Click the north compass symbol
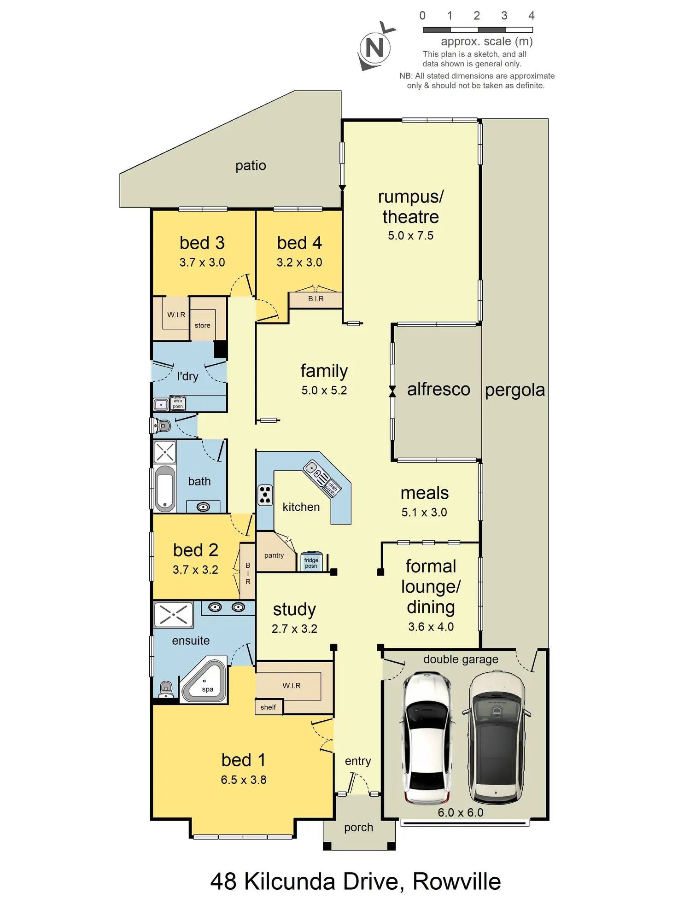tap(375, 47)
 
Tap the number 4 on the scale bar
tap(531, 16)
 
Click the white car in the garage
tap(427, 738)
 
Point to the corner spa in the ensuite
tap(204, 683)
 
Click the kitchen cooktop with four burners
tap(265, 495)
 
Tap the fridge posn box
tap(311, 562)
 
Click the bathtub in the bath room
tap(165, 490)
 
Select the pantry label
tap(274, 555)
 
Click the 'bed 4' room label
tap(299, 243)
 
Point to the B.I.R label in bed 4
tap(316, 299)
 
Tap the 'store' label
tap(202, 326)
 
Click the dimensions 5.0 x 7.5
tap(410, 236)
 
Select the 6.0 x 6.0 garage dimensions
tap(461, 812)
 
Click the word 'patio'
tap(251, 165)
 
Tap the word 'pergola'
tap(515, 390)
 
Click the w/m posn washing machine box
tap(178, 403)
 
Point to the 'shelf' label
tap(268, 707)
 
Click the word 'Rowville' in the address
tap(456, 881)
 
